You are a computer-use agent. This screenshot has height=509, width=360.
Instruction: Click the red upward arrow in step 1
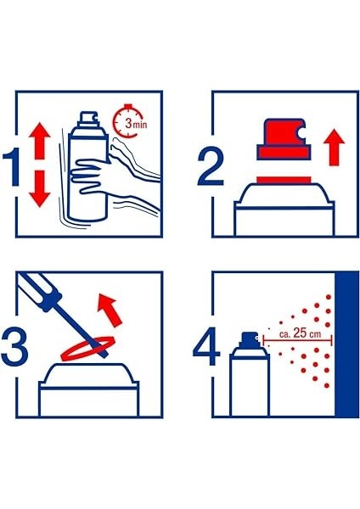40,140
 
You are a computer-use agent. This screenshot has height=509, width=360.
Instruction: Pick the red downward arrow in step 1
40,189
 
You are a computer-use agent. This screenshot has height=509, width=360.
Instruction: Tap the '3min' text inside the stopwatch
136,124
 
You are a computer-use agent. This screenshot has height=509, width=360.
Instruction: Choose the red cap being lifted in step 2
284,140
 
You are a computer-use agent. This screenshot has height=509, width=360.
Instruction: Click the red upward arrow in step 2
334,147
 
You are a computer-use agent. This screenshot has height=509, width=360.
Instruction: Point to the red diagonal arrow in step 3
110,309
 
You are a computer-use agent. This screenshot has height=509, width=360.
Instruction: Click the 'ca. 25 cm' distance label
300,333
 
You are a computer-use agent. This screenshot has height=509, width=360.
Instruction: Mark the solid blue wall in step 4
347,344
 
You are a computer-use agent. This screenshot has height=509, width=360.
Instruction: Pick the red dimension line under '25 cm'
298,341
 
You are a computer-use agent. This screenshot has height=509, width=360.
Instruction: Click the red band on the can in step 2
284,180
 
